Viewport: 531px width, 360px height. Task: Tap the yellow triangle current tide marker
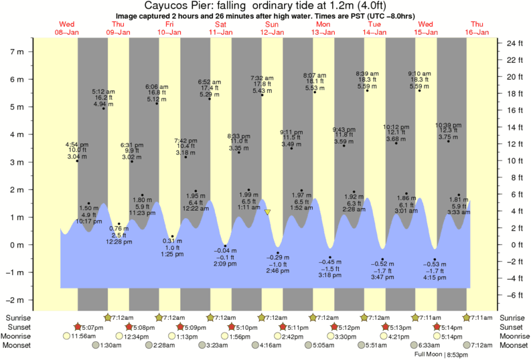(x=268, y=212)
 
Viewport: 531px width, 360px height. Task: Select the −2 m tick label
(x=15, y=300)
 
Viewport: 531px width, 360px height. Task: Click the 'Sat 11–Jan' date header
(x=220, y=27)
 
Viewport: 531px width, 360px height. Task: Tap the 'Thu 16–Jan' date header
(x=478, y=27)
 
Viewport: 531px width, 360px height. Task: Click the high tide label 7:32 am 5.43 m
(x=261, y=84)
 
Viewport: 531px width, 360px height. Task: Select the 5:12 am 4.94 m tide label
(x=103, y=98)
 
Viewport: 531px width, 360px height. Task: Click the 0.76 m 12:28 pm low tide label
(x=119, y=235)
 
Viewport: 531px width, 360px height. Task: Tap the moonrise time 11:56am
(x=84, y=336)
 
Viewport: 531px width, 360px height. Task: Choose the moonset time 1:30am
(x=110, y=345)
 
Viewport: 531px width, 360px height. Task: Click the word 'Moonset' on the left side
(x=21, y=345)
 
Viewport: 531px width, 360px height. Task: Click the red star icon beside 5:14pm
(x=437, y=327)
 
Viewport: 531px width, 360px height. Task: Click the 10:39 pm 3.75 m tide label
(x=448, y=131)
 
